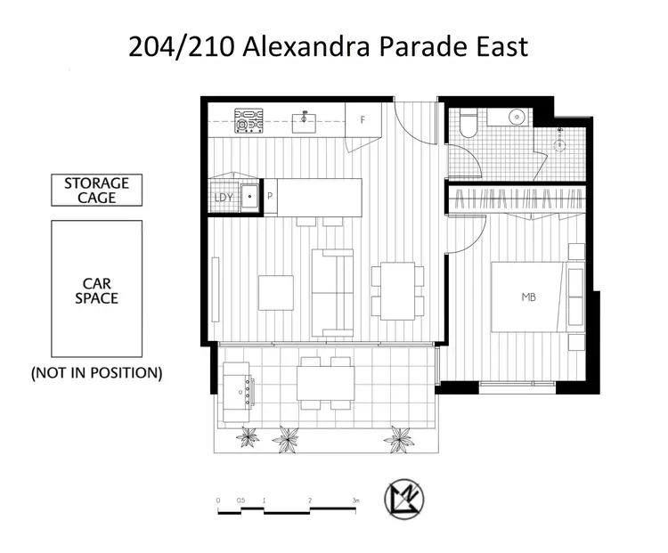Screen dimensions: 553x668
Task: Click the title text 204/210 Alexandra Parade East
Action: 329,46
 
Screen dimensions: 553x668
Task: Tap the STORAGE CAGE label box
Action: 96,191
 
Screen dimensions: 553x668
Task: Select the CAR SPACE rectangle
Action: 96,288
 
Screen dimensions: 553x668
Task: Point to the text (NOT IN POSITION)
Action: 96,373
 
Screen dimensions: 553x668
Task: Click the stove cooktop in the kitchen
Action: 248,120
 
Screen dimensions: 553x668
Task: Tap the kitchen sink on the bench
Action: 305,119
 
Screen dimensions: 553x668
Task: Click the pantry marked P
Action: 270,197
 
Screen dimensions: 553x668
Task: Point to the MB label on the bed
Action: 529,297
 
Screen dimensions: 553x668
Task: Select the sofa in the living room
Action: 331,292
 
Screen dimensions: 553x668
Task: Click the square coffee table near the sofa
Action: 275,293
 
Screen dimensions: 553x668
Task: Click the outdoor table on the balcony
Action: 325,384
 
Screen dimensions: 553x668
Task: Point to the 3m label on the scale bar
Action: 354,500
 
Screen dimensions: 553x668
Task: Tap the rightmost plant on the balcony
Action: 399,437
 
